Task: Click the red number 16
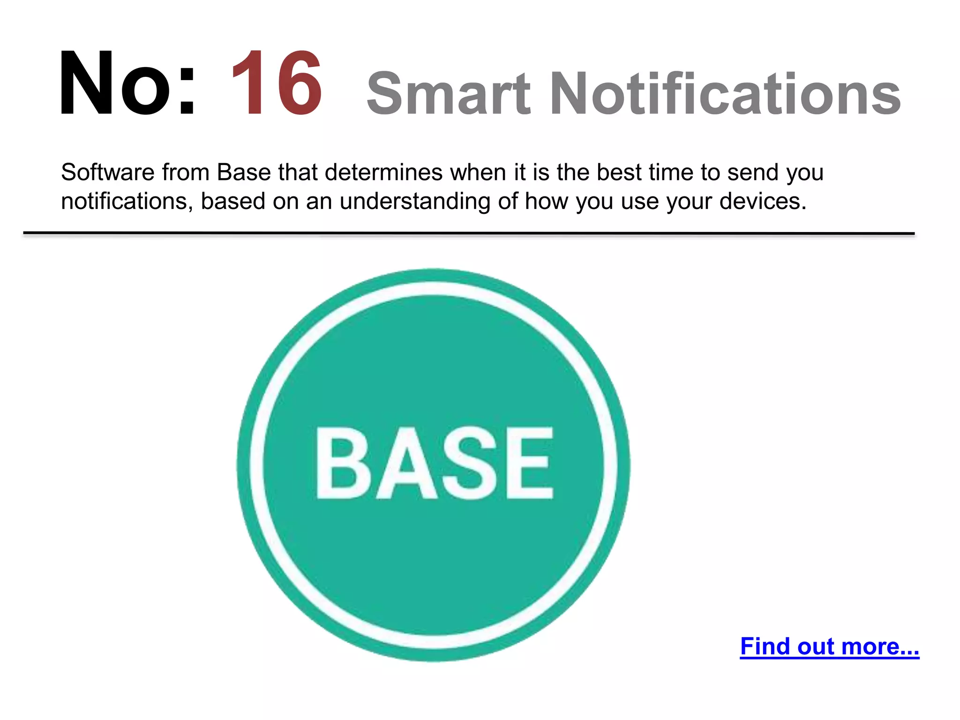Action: (x=277, y=83)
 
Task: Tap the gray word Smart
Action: (x=448, y=94)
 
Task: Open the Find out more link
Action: (x=829, y=646)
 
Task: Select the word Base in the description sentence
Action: (x=244, y=172)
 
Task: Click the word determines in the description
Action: (x=383, y=172)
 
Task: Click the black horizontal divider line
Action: (x=469, y=233)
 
